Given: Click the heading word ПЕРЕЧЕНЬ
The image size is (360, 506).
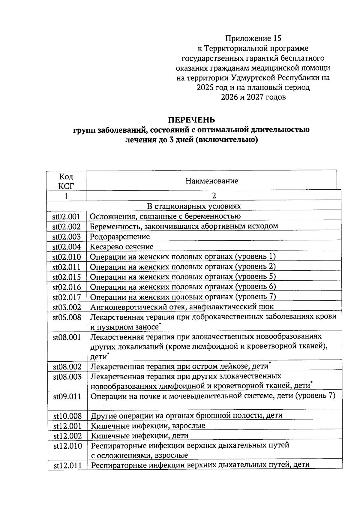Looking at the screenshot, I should point(191,120).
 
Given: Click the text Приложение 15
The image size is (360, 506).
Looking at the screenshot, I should point(253,38).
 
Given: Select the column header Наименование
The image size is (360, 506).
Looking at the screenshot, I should point(211,181).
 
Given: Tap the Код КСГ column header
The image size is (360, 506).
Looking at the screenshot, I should point(66,181).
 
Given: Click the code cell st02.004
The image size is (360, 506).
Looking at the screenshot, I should point(67,247).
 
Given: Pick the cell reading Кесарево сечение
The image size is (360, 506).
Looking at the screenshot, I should point(122,247).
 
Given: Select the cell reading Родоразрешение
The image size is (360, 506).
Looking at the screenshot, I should point(120,236).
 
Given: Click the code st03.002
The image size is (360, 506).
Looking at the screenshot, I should point(67,307).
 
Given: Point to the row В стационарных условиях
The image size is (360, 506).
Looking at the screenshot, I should point(194,206).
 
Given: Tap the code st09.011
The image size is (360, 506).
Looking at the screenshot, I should point(67,396).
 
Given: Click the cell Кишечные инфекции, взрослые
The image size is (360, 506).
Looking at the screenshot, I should point(148,426).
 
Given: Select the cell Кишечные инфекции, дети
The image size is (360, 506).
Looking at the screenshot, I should point(139,435).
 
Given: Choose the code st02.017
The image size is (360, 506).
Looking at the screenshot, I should point(67,297).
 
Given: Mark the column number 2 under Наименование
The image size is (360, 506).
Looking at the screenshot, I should point(214,196).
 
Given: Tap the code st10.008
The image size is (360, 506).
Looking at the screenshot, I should point(67,416).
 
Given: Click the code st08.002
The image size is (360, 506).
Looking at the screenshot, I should point(67,367).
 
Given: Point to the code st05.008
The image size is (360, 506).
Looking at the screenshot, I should point(67,317).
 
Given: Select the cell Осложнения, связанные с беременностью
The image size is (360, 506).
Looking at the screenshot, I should point(165,216).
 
